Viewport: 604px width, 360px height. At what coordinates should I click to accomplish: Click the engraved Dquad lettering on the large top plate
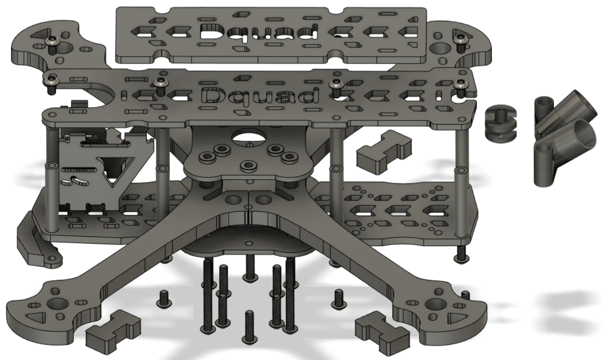click(x=259, y=96)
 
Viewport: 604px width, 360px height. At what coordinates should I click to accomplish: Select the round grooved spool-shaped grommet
click(x=501, y=124)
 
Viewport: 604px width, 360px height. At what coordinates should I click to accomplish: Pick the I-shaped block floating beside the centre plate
click(x=384, y=152)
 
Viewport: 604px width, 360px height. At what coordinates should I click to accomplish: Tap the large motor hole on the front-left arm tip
click(x=58, y=304)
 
